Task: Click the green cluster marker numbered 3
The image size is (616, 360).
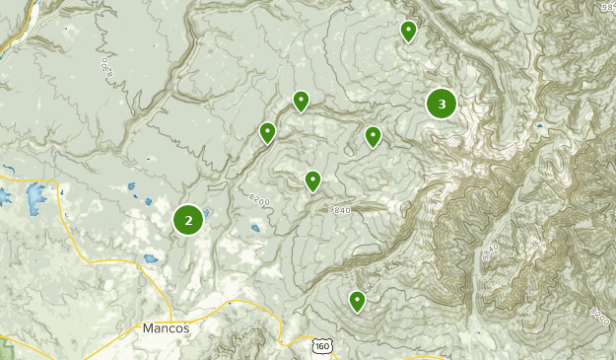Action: tap(441, 104)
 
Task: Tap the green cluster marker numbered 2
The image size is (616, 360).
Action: tap(188, 220)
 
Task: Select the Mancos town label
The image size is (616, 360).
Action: tap(166, 327)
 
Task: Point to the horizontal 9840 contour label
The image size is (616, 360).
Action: tap(339, 209)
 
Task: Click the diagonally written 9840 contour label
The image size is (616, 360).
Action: tap(490, 252)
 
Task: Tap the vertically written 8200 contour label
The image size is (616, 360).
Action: tap(105, 68)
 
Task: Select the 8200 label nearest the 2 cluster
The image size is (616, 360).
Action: tap(258, 200)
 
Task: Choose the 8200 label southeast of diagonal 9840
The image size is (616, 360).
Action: tap(599, 316)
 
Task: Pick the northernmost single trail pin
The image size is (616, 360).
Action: tap(408, 32)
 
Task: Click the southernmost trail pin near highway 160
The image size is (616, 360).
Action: tap(357, 300)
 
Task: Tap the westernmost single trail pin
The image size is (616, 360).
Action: tap(267, 132)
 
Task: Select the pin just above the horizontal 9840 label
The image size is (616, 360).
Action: tap(312, 180)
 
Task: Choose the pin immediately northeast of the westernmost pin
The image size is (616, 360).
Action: tap(301, 101)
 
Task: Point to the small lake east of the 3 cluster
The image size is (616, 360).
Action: tap(538, 127)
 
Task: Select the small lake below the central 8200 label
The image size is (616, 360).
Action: tap(255, 228)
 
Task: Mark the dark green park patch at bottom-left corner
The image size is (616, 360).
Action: tap(4, 346)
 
